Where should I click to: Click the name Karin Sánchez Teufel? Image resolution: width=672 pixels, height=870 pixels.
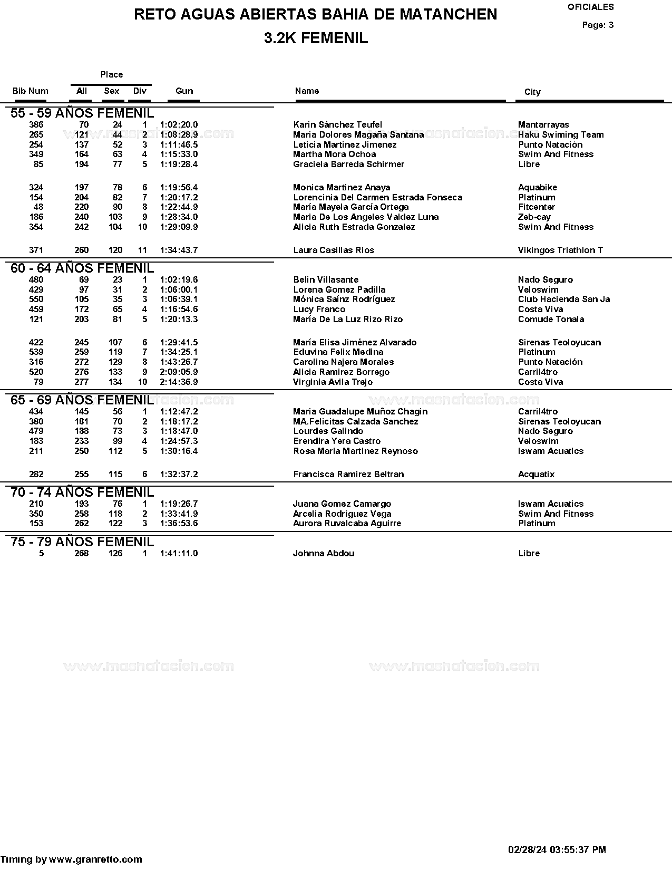[337, 125]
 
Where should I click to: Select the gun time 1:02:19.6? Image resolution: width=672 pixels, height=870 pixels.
[179, 280]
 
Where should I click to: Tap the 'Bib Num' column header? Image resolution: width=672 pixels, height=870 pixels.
[31, 91]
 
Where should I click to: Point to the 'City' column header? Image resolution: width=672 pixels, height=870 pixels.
[532, 92]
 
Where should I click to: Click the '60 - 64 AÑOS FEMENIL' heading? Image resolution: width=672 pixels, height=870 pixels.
[82, 268]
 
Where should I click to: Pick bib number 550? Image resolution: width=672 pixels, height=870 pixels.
[36, 299]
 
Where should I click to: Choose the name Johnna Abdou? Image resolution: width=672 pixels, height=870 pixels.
[324, 554]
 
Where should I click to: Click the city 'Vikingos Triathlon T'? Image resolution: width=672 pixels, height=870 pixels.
[560, 250]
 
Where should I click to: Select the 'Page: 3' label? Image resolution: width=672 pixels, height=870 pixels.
[598, 25]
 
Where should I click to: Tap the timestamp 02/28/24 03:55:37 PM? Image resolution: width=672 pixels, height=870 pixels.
[557, 850]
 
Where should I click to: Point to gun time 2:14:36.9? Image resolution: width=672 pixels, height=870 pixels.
[179, 382]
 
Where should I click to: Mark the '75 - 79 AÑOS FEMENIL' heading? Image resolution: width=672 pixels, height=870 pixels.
[82, 542]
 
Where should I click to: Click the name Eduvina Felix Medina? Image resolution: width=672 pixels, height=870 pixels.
[338, 352]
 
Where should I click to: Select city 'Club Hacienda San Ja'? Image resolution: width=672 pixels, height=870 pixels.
[563, 299]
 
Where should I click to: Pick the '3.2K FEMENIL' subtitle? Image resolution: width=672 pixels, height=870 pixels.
[316, 38]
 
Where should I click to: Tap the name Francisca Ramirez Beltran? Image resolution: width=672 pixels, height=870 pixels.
[348, 475]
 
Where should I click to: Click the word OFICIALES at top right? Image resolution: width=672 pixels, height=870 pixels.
[590, 7]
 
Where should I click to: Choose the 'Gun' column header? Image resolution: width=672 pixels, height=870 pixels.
[184, 91]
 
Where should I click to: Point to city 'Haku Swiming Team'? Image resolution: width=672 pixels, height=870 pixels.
[561, 135]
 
